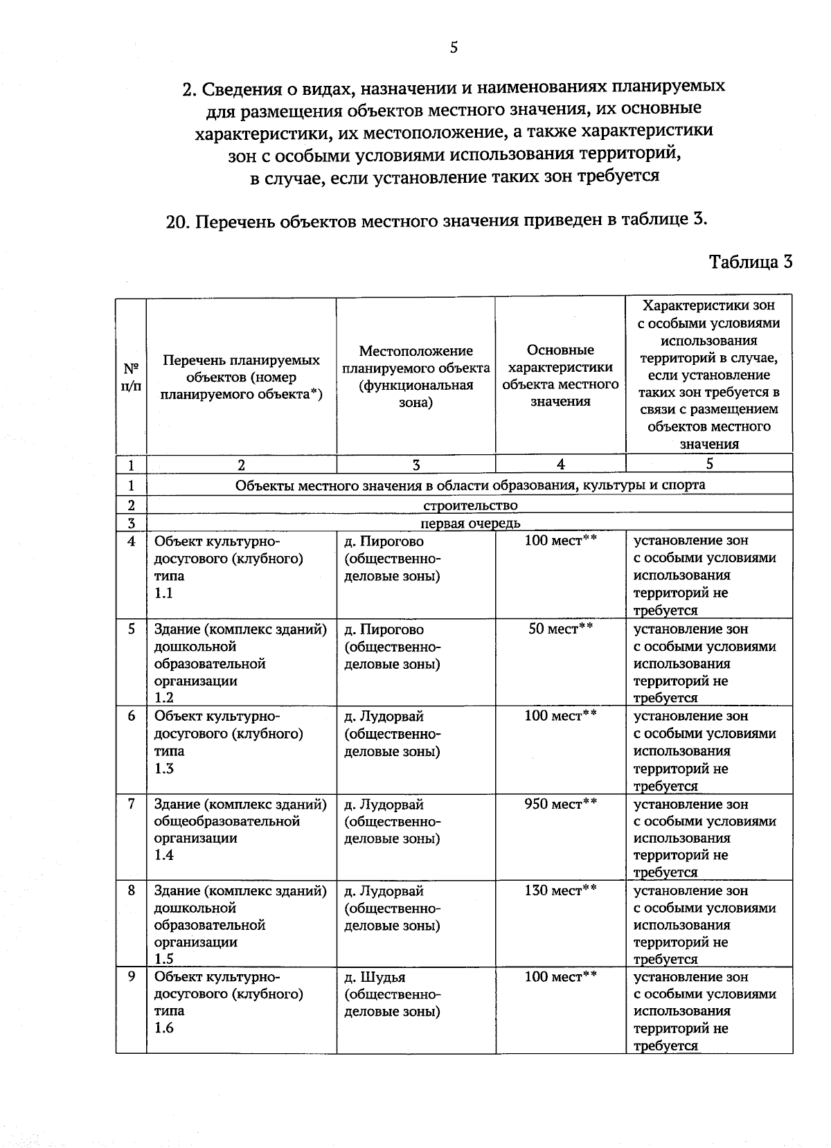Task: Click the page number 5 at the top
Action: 454,47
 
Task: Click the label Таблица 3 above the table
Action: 751,262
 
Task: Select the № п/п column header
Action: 131,377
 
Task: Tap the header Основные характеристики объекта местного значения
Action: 560,375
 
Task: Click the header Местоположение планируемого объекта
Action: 415,377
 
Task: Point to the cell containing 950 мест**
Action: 560,804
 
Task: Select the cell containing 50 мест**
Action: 560,629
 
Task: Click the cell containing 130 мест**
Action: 560,890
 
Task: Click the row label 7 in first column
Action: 131,804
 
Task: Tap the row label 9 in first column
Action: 131,977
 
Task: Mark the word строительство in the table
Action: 470,505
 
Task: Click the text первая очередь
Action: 470,523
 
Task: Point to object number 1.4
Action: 163,855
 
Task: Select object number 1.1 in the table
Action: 163,593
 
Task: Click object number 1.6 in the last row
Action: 163,1028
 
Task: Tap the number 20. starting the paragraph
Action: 178,222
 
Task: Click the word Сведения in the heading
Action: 239,88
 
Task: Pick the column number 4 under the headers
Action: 560,465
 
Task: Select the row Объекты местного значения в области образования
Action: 470,485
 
